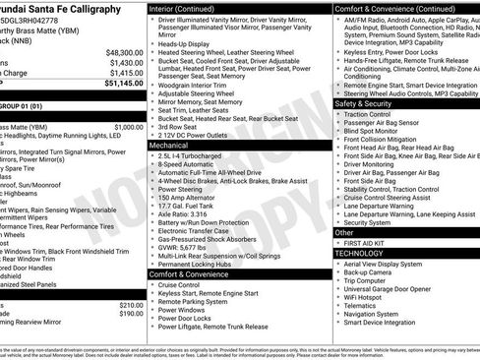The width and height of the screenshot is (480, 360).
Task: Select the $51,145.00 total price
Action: click(x=124, y=83)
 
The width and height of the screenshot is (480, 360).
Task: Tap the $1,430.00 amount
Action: click(x=127, y=61)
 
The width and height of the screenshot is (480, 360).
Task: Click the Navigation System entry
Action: click(x=378, y=314)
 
